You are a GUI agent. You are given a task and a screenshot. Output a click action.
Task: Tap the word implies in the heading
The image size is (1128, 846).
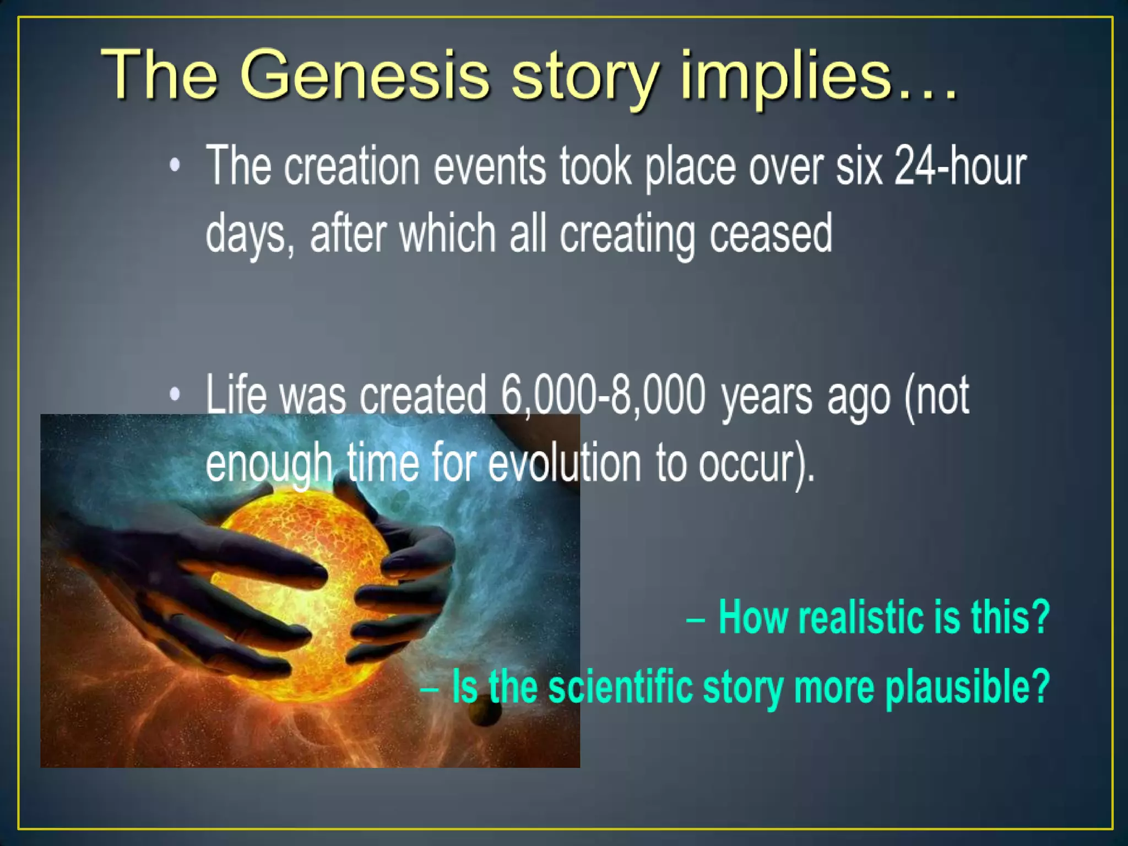(x=785, y=77)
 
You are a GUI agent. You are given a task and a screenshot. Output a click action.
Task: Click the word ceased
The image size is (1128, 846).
(x=771, y=234)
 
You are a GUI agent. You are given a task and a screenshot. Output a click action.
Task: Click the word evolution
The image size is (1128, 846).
(x=565, y=463)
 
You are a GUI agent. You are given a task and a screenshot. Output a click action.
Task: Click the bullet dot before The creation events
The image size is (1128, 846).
(x=175, y=165)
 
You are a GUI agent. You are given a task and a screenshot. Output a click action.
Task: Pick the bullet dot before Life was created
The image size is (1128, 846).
(x=175, y=394)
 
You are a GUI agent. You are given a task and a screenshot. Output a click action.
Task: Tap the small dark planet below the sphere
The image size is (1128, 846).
(x=485, y=713)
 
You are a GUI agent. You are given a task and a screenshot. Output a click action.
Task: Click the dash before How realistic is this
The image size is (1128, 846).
(x=696, y=619)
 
